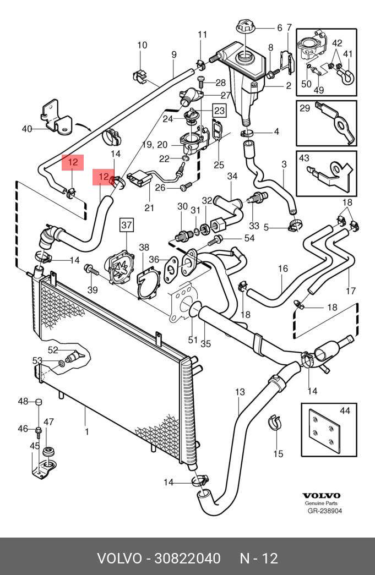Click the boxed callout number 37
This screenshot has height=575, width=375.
[127, 225]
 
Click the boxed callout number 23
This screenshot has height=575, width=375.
[219, 111]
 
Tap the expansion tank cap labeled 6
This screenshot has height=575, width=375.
[244, 27]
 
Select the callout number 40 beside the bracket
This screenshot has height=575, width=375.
[27, 129]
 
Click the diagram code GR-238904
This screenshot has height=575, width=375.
[324, 511]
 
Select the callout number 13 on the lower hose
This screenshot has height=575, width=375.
[240, 392]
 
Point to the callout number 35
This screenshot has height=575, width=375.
[205, 344]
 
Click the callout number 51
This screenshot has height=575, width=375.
[192, 339]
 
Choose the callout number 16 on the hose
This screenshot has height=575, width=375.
[283, 269]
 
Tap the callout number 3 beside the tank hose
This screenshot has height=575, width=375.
[284, 165]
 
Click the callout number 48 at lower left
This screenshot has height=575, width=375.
[23, 401]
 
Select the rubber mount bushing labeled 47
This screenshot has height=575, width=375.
[49, 452]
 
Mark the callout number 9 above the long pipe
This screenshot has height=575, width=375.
[174, 54]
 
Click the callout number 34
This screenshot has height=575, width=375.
[232, 177]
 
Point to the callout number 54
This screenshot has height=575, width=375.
[249, 238]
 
